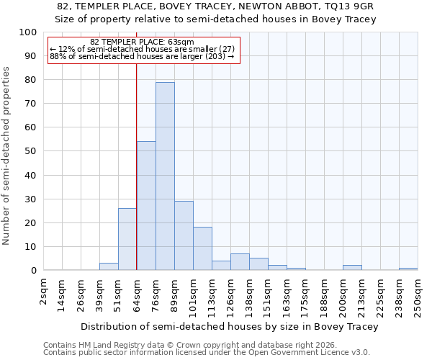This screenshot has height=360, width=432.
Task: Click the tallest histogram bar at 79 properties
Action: coord(165,176)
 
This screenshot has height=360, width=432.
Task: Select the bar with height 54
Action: coord(146,206)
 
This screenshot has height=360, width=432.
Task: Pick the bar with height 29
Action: coord(184,235)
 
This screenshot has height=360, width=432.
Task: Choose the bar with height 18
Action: coord(202,248)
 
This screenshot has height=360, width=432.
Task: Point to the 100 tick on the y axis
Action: coord(28,32)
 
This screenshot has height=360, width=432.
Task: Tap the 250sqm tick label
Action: coord(418,295)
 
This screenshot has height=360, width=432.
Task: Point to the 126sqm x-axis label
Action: coord(230,295)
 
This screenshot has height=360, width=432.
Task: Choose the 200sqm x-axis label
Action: coord(343,295)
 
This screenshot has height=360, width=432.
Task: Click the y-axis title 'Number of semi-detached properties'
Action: coord(7,156)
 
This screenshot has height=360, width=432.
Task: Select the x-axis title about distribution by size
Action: coord(229,326)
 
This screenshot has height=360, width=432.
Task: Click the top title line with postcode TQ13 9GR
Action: coord(215,6)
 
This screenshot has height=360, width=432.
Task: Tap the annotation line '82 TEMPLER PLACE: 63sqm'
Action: coord(142,42)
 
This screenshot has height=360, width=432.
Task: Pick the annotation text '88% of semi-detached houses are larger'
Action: coord(142,56)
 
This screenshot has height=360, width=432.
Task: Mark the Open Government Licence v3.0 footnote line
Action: coord(206,352)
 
